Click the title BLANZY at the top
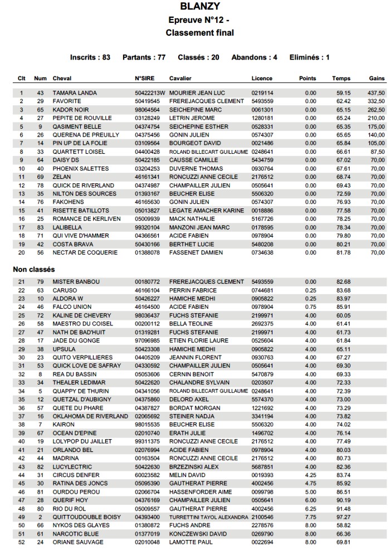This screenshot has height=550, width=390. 199,7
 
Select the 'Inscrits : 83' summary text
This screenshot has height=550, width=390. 90,57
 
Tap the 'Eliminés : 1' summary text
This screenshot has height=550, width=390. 309,57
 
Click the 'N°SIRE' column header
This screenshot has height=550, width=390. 144,79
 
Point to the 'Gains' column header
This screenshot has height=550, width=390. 377,79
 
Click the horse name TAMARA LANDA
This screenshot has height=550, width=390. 75,93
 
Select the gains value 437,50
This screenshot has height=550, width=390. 376,93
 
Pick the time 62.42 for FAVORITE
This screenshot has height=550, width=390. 343,101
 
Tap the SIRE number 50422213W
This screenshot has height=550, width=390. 150,93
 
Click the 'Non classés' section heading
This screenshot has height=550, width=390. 34,269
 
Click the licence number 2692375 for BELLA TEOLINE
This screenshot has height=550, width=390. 262,324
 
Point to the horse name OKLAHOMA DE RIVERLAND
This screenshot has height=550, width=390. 90,416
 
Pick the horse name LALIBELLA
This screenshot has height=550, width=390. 67,227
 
